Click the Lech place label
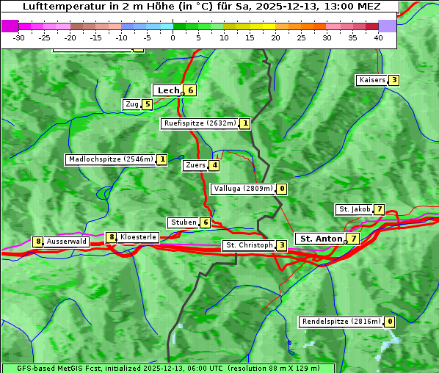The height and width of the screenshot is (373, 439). (x=168, y=90)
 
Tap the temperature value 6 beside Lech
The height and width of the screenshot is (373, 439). (x=190, y=90)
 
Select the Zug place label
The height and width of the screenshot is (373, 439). (x=132, y=104)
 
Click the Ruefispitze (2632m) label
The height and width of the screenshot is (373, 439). (x=200, y=123)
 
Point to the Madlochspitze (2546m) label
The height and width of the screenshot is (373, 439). (x=110, y=159)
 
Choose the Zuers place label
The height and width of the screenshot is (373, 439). (x=195, y=165)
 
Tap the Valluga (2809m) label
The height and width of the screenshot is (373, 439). (x=243, y=189)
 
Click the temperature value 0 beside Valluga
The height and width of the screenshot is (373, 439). (x=282, y=189)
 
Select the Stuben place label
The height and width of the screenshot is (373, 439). (x=183, y=222)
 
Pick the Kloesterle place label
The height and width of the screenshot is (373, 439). (x=138, y=237)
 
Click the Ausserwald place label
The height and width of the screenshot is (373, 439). (x=67, y=242)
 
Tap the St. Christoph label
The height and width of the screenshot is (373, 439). (x=249, y=245)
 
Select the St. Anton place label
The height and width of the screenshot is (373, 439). (x=321, y=239)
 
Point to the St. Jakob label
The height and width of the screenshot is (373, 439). (x=354, y=209)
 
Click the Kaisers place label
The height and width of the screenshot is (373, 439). (x=371, y=80)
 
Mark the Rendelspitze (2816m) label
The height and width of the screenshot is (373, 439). (x=341, y=322)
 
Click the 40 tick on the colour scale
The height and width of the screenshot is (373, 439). (x=378, y=37)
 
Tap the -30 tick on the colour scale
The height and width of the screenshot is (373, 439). (x=18, y=37)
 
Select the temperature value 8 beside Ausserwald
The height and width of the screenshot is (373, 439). (x=37, y=242)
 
